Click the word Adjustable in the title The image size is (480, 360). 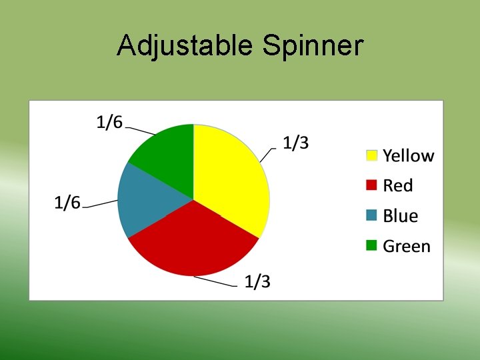tap(185, 47)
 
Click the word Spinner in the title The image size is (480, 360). tap(313, 47)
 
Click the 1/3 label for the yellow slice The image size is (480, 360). tap(295, 143)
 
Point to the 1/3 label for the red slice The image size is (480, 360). tap(257, 282)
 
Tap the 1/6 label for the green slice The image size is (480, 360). tap(109, 122)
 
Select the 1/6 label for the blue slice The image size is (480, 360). tap(67, 203)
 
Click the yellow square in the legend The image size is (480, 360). tap(372, 156)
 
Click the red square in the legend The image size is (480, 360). tap(372, 186)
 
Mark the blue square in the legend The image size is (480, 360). tap(372, 216)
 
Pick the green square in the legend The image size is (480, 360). tap(372, 246)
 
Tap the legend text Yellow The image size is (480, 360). tap(408, 156)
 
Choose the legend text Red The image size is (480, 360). tap(398, 186)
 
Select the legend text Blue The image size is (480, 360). tap(400, 216)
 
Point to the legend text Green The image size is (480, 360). tap(407, 246)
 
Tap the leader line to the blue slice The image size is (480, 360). tap(100, 203)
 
